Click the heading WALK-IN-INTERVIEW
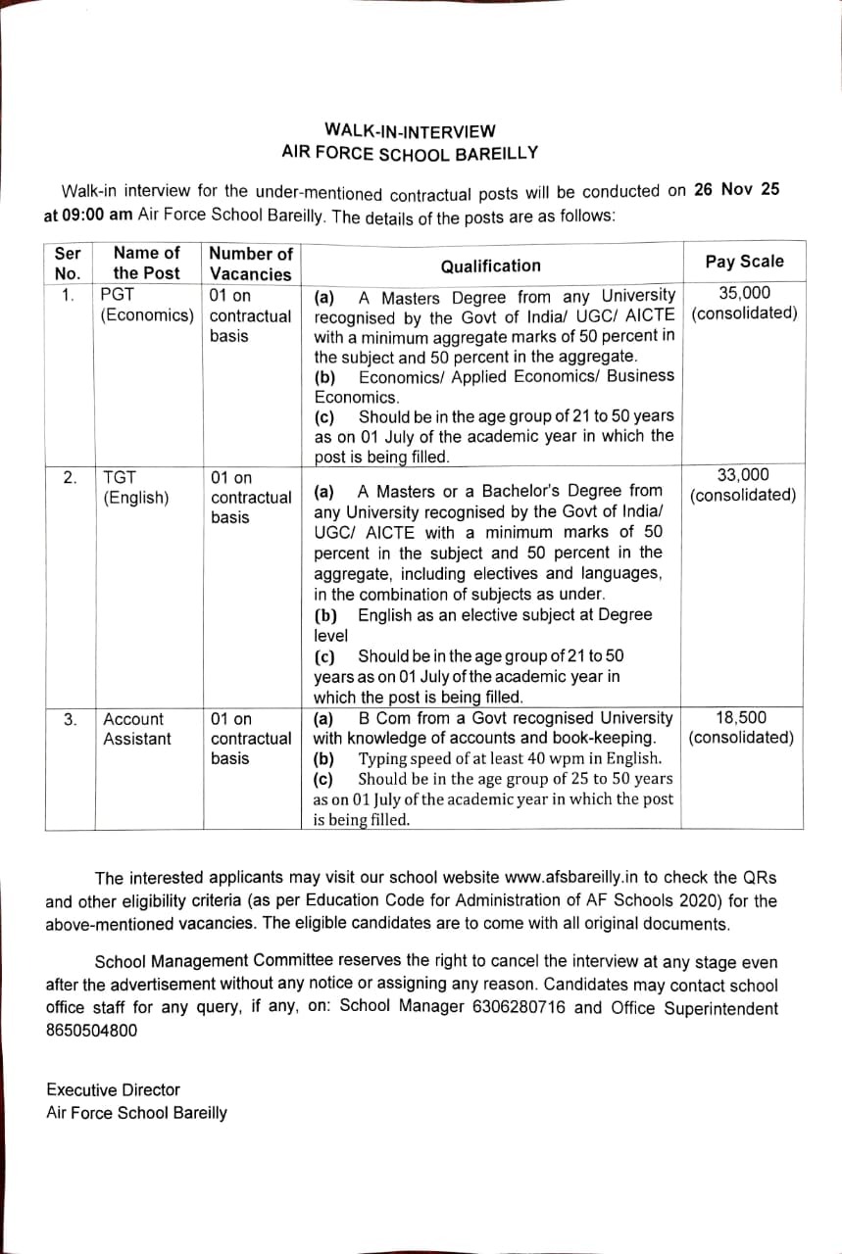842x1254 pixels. click(410, 130)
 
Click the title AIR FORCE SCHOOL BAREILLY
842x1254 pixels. click(410, 154)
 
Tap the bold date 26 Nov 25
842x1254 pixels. click(735, 190)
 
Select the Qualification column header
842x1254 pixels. click(490, 265)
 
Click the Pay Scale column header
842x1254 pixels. click(744, 262)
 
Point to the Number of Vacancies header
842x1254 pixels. click(251, 264)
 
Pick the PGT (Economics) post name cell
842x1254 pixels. click(147, 305)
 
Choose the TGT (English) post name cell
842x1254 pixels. click(136, 487)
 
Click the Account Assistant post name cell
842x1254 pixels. click(136, 728)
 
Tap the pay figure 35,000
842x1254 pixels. click(744, 293)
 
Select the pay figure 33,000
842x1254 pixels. click(743, 475)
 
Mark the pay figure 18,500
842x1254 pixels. click(741, 717)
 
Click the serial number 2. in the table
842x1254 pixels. click(70, 477)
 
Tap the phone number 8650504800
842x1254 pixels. click(91, 1030)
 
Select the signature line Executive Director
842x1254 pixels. click(113, 1089)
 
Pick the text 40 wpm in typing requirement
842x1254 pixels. click(532, 758)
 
